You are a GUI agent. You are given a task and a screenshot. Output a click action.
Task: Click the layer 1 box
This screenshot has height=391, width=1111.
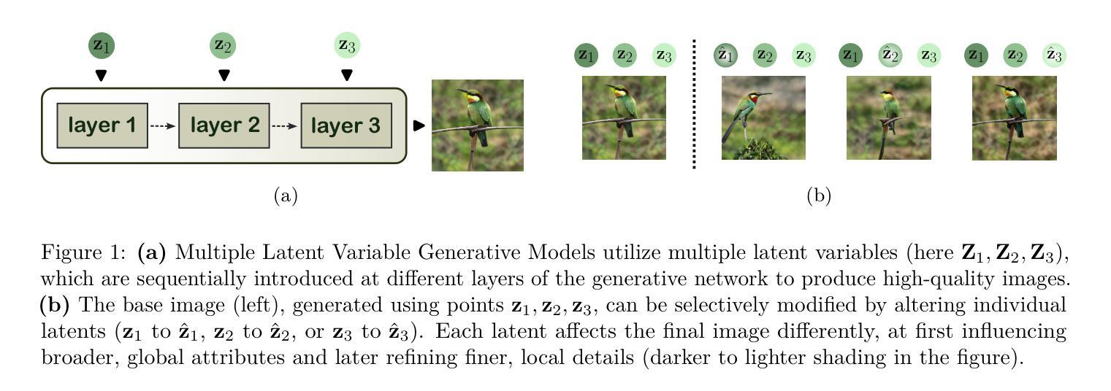(x=102, y=125)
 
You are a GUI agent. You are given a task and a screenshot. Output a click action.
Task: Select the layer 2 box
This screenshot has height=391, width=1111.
(x=224, y=125)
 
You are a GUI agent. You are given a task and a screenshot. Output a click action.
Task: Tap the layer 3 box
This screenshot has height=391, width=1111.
(x=345, y=125)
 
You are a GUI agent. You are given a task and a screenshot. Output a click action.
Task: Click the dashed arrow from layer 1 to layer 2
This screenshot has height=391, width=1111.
(x=163, y=125)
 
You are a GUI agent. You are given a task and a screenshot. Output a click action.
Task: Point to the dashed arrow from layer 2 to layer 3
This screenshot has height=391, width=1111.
(x=285, y=125)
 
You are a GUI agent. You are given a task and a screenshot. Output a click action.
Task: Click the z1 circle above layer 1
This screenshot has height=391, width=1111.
(x=102, y=46)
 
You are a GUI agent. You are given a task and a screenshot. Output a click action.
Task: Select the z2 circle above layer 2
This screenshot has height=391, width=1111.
(x=224, y=46)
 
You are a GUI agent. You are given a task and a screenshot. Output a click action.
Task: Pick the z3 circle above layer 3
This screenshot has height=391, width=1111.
(x=347, y=46)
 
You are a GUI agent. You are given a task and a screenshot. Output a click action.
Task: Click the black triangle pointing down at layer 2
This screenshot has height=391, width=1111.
(x=224, y=74)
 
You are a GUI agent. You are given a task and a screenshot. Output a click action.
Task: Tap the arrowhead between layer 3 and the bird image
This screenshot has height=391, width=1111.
(x=419, y=125)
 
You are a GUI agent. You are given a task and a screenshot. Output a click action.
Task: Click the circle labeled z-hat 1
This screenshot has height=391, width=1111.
(x=725, y=55)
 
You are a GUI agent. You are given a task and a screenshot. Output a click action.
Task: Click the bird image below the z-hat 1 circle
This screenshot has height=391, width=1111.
(x=763, y=117)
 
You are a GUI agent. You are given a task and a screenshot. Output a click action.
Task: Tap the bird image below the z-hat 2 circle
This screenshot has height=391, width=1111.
(x=888, y=117)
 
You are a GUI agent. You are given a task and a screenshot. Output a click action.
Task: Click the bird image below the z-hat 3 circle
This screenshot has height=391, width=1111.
(x=1014, y=117)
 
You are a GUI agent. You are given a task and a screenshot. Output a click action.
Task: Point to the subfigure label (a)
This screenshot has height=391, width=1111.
(x=285, y=195)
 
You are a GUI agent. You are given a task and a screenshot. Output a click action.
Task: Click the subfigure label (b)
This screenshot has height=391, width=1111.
(x=819, y=195)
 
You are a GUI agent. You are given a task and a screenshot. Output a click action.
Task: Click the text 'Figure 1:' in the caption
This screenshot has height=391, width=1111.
(x=83, y=252)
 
